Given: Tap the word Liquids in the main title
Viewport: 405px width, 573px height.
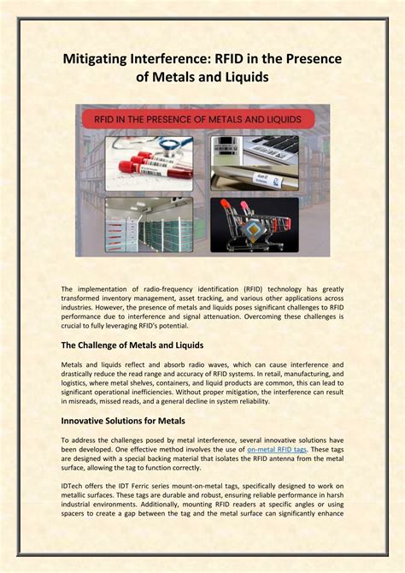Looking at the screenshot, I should pyautogui.click(x=242, y=77).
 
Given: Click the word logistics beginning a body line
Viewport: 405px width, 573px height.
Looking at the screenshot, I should pyautogui.click(x=79, y=382).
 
